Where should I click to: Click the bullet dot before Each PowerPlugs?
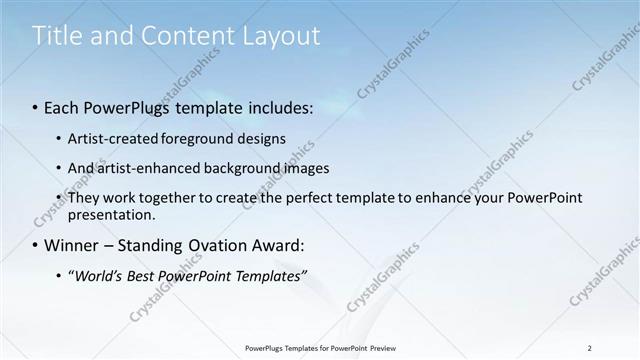pos(37,108)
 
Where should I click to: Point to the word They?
pos(83,198)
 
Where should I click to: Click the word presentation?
pos(111,214)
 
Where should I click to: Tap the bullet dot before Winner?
pos(37,245)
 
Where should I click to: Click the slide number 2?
pos(590,348)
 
